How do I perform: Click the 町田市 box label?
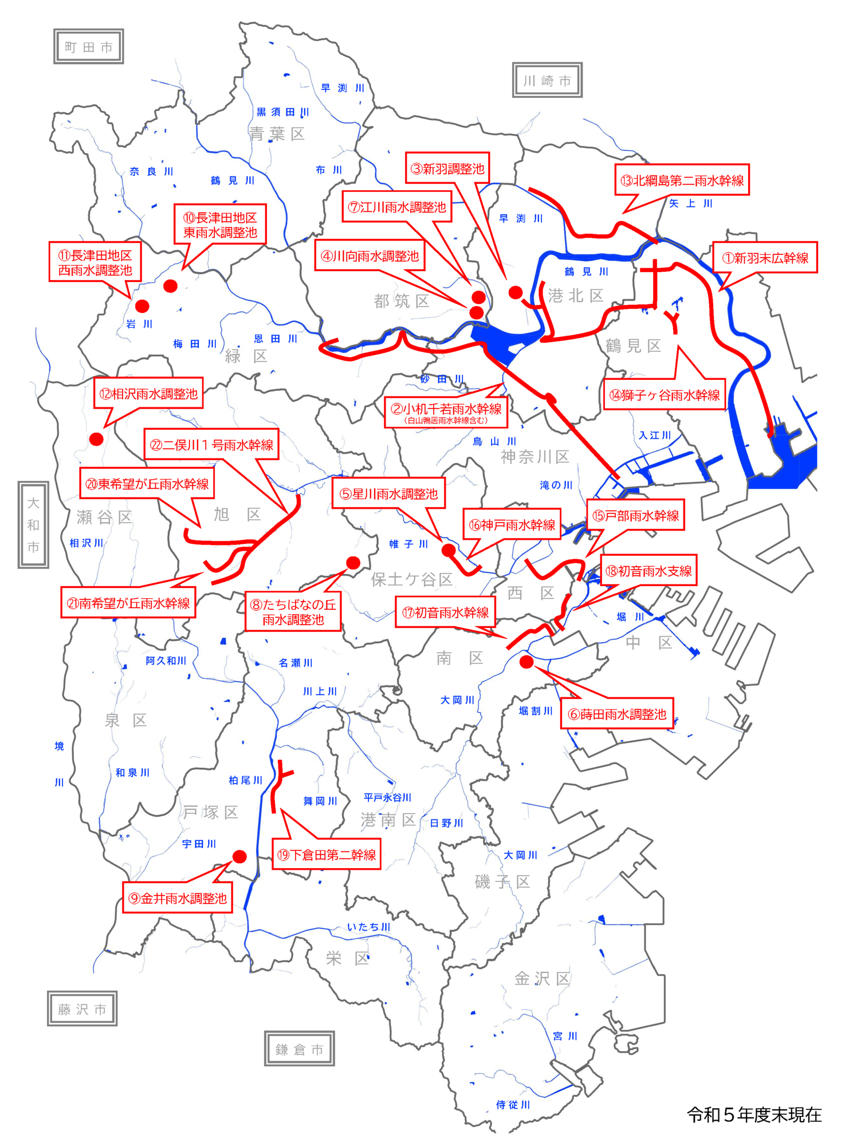(88, 47)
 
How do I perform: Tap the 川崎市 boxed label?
(547, 81)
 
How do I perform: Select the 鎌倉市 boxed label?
(299, 1049)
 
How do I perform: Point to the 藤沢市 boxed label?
(82, 1009)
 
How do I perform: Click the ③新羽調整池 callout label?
(447, 168)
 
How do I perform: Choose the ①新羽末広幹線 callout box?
(765, 258)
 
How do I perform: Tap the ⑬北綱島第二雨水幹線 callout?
(682, 180)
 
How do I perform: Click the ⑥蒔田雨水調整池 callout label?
(616, 714)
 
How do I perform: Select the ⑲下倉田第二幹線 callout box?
(326, 855)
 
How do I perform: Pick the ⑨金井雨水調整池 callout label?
(178, 898)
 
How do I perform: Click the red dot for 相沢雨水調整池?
(96, 439)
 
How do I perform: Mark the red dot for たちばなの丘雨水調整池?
(353, 563)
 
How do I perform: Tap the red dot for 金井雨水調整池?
(239, 857)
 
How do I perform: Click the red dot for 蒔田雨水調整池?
(526, 662)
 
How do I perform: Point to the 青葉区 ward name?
(277, 134)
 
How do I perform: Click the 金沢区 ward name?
(542, 978)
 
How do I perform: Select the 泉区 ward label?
(126, 720)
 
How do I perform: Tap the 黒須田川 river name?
(283, 112)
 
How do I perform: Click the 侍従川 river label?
(513, 1104)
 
